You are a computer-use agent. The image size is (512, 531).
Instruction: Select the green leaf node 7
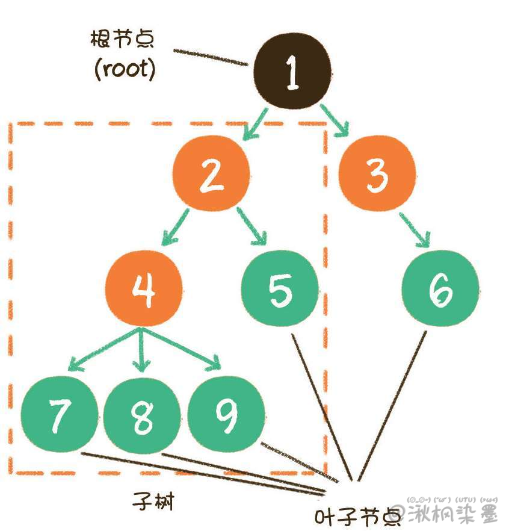pos(58,415)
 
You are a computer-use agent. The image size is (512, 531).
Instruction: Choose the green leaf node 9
pos(226,415)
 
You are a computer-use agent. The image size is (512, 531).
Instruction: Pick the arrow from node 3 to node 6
pos(416,230)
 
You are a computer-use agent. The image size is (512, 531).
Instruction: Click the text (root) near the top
pos(125,69)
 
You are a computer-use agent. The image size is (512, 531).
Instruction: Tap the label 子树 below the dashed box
pos(153,500)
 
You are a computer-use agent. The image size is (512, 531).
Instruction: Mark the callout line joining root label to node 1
pos(211,57)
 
